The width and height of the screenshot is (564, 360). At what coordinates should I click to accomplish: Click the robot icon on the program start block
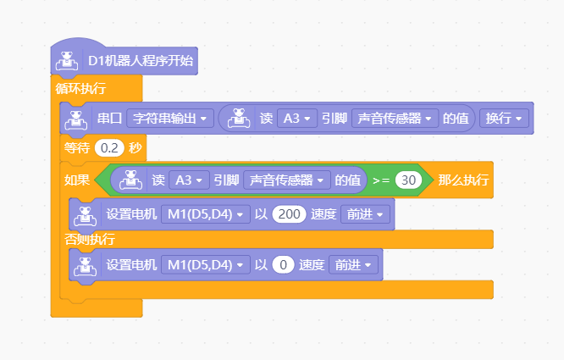coord(67,61)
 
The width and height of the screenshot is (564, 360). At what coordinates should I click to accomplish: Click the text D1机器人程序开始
coord(141,61)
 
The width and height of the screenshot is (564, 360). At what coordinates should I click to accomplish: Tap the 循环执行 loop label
coord(80,88)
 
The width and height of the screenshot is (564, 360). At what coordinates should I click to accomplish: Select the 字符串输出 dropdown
coord(170,119)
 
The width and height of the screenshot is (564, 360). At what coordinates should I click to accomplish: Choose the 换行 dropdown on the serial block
coord(504,119)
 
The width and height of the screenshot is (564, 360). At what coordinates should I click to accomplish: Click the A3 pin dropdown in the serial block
coord(297,119)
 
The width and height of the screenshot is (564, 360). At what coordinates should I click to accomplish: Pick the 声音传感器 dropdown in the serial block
coord(395,119)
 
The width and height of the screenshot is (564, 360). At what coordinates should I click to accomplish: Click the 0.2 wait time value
coord(109,148)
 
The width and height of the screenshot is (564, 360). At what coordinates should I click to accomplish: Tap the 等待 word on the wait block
coord(77,148)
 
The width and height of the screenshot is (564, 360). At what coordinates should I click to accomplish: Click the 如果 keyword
coord(77,180)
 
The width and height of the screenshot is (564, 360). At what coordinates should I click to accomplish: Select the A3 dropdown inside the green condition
coord(189,180)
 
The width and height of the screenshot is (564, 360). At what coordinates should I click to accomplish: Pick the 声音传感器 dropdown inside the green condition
coord(287,180)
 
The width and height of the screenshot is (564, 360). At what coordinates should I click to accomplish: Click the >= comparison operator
coord(381,180)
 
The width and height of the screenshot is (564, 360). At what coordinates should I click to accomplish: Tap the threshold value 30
coord(409,180)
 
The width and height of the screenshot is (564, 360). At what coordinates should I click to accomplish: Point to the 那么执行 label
coord(463,180)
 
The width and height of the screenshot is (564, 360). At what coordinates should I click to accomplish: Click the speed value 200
coord(289,214)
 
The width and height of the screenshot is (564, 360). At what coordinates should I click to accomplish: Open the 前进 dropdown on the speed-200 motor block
coord(365,214)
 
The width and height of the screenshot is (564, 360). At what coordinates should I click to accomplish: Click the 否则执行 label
coord(90,239)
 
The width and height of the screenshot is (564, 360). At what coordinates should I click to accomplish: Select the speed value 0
coord(283,265)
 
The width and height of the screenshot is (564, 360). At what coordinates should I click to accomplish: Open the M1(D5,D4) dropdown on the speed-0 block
coord(206,265)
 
